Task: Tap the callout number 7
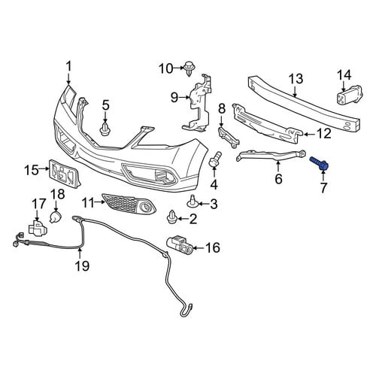(x=323, y=188)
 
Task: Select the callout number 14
(x=344, y=75)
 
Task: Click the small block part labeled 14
(x=350, y=95)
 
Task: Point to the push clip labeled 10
(x=190, y=68)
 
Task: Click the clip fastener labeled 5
(x=105, y=129)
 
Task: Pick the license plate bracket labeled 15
(x=66, y=173)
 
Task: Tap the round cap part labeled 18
(x=56, y=217)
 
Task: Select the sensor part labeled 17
(x=37, y=228)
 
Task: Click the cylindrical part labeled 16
(x=180, y=245)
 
